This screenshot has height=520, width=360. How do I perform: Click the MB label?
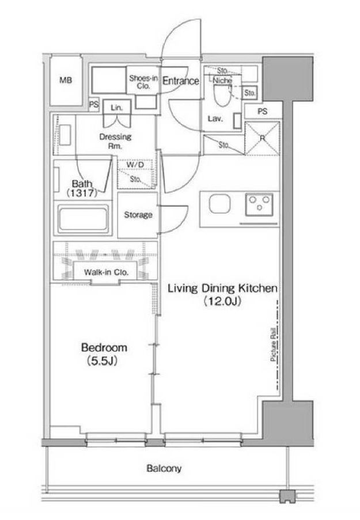tap(66, 80)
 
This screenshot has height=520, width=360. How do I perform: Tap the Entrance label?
tap(180, 81)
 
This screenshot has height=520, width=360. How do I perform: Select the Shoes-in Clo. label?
tap(143, 82)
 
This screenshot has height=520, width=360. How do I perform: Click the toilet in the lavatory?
tap(222, 95)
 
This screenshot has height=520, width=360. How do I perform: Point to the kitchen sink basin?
tap(219, 204)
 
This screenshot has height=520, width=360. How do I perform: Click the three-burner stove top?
tap(260, 204)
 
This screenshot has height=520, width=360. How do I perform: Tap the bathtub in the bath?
tap(83, 219)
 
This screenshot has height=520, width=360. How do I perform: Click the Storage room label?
tap(138, 215)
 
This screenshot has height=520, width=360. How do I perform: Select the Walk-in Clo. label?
tap(106, 272)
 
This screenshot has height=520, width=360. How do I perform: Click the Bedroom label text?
tap(104, 348)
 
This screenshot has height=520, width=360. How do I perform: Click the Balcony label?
tap(164, 469)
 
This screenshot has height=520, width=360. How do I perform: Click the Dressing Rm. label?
tap(115, 141)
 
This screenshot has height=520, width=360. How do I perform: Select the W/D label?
tap(135, 165)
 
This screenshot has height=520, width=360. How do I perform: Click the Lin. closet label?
tap(117, 108)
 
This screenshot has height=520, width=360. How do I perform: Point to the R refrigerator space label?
tap(262, 138)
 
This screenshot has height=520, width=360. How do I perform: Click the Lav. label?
tap(215, 119)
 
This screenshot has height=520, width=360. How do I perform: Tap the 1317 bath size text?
tap(82, 193)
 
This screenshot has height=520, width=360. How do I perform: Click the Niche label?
tap(222, 81)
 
